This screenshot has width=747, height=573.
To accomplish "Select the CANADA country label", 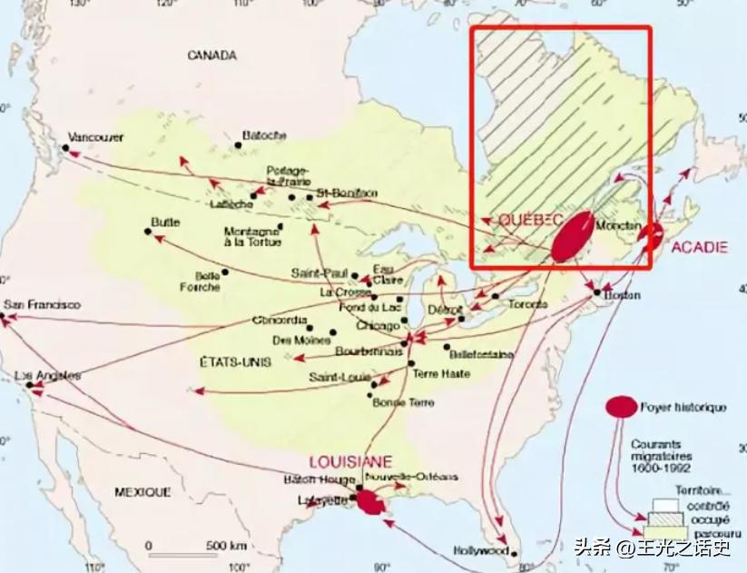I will pyautogui.click(x=211, y=55).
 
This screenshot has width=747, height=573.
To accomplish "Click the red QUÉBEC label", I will pyautogui.click(x=532, y=222).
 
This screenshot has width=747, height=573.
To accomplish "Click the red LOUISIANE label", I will pyautogui.click(x=350, y=460).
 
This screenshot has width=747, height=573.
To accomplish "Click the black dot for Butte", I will pyautogui.click(x=148, y=232).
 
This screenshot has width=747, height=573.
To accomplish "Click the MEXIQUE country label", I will pyautogui.click(x=143, y=491).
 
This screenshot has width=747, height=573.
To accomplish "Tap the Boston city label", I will pyautogui.click(x=622, y=295).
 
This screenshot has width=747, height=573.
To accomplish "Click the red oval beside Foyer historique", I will pyautogui.click(x=622, y=408).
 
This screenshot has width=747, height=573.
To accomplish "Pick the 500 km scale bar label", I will pyautogui.click(x=226, y=545).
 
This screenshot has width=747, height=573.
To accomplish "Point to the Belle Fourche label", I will pyautogui.click(x=207, y=282).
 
